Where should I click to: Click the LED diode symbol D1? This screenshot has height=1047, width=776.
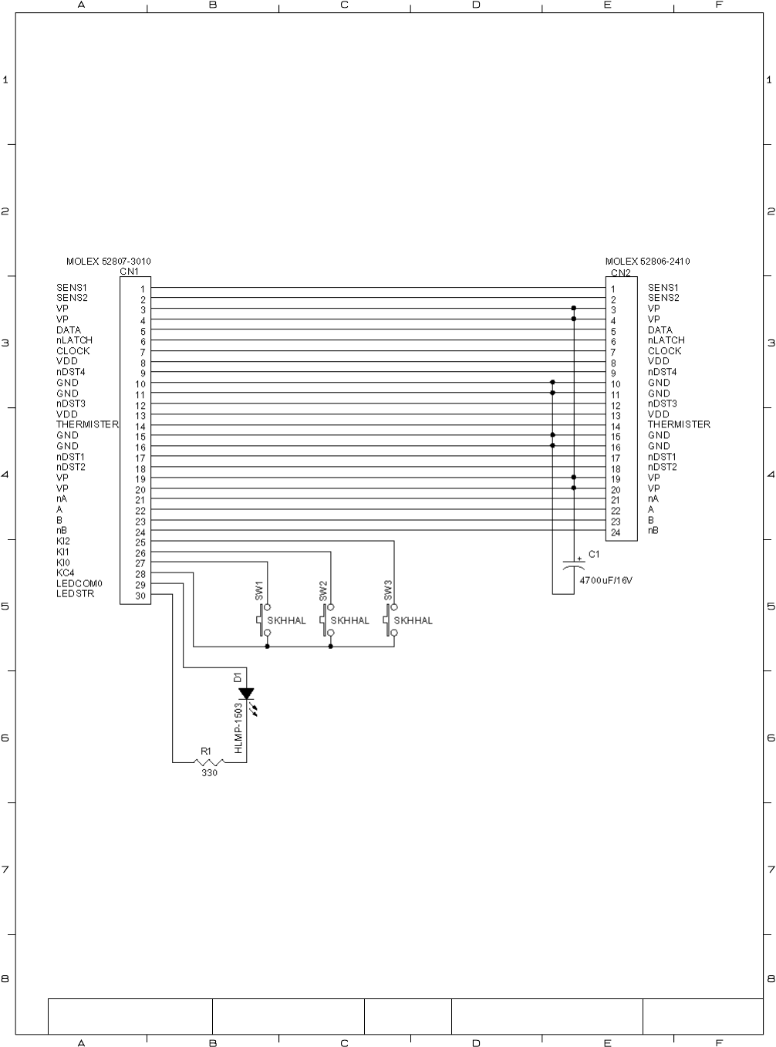(x=246, y=694)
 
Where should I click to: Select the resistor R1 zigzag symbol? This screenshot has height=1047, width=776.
(x=209, y=762)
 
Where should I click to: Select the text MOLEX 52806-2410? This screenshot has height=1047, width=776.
(x=647, y=262)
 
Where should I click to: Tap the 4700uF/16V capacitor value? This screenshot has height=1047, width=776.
(x=606, y=579)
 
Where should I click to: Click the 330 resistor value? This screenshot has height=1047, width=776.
(x=209, y=773)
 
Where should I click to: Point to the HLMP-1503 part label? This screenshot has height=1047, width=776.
(x=239, y=728)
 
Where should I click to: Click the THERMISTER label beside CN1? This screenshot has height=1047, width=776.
(x=87, y=424)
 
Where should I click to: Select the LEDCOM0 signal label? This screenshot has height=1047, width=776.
(x=79, y=583)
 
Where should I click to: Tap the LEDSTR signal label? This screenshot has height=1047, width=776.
(x=75, y=594)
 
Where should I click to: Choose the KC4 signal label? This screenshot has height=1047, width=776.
(x=65, y=572)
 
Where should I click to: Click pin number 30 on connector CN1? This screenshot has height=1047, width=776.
(x=140, y=595)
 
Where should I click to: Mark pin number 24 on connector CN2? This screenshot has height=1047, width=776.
(x=616, y=532)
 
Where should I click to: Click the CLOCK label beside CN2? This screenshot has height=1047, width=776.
(x=664, y=351)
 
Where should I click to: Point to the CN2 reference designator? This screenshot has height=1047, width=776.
(x=620, y=272)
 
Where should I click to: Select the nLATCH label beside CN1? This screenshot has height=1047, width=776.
(x=74, y=340)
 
